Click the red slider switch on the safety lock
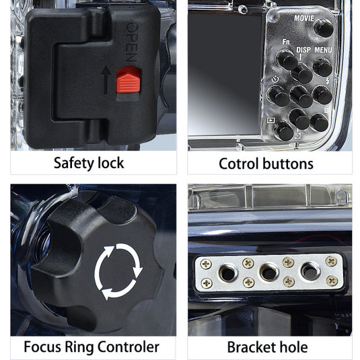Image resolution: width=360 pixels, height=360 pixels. (x=129, y=81)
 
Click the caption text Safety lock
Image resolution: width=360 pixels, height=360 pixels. (x=89, y=163)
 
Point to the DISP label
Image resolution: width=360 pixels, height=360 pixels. (x=305, y=50)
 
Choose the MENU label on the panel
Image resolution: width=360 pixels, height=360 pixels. (x=324, y=50)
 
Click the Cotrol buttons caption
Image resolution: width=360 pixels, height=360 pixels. (x=266, y=163)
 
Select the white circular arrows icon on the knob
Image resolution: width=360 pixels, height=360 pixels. (x=119, y=271)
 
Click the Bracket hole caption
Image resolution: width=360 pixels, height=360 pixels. (x=267, y=347)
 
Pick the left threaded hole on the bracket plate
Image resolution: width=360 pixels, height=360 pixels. (x=227, y=273)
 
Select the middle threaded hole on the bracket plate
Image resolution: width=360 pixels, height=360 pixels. (x=268, y=273)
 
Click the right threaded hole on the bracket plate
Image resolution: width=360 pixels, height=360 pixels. (x=310, y=272)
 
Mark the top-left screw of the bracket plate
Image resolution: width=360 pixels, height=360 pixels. (x=206, y=263)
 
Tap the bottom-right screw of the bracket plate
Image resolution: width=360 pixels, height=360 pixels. (x=331, y=281)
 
